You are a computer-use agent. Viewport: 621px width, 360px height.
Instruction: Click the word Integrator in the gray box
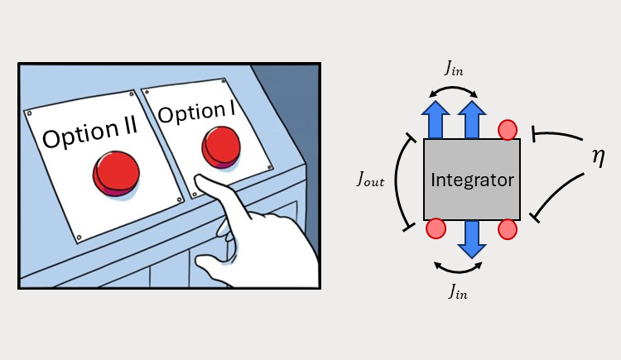[472, 180]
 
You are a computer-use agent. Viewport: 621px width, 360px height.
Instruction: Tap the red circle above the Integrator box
[508, 130]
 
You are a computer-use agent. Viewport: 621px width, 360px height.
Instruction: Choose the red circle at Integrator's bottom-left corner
[436, 229]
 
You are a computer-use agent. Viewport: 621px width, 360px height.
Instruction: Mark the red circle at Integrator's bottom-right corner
[508, 229]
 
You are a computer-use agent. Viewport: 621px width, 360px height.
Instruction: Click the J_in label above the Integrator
[454, 70]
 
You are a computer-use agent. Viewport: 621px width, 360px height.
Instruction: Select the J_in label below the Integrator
[459, 290]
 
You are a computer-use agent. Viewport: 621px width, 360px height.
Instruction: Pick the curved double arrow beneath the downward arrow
[459, 267]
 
